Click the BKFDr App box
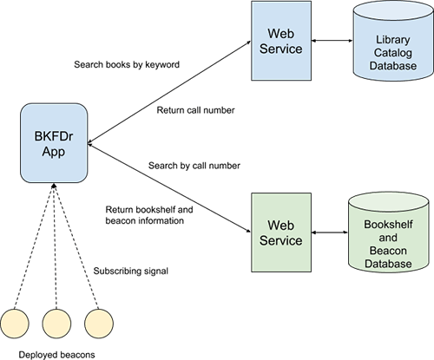(x=54, y=143)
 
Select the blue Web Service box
(x=281, y=41)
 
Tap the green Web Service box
(x=281, y=232)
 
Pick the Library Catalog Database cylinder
(x=393, y=41)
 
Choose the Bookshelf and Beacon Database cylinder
(x=388, y=232)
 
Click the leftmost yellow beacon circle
(x=15, y=324)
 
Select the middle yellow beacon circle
(x=56, y=324)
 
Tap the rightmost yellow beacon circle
(x=99, y=324)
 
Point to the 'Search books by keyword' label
(x=127, y=64)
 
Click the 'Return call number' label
(x=195, y=110)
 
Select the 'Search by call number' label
(x=194, y=166)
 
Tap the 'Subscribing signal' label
(x=131, y=272)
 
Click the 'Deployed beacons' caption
(x=56, y=355)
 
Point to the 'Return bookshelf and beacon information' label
(x=149, y=215)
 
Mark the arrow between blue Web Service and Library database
(x=332, y=41)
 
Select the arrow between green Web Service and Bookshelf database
(x=330, y=232)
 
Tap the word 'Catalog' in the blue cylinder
(x=393, y=53)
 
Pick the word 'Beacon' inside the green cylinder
(x=388, y=251)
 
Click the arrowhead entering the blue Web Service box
(x=249, y=43)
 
